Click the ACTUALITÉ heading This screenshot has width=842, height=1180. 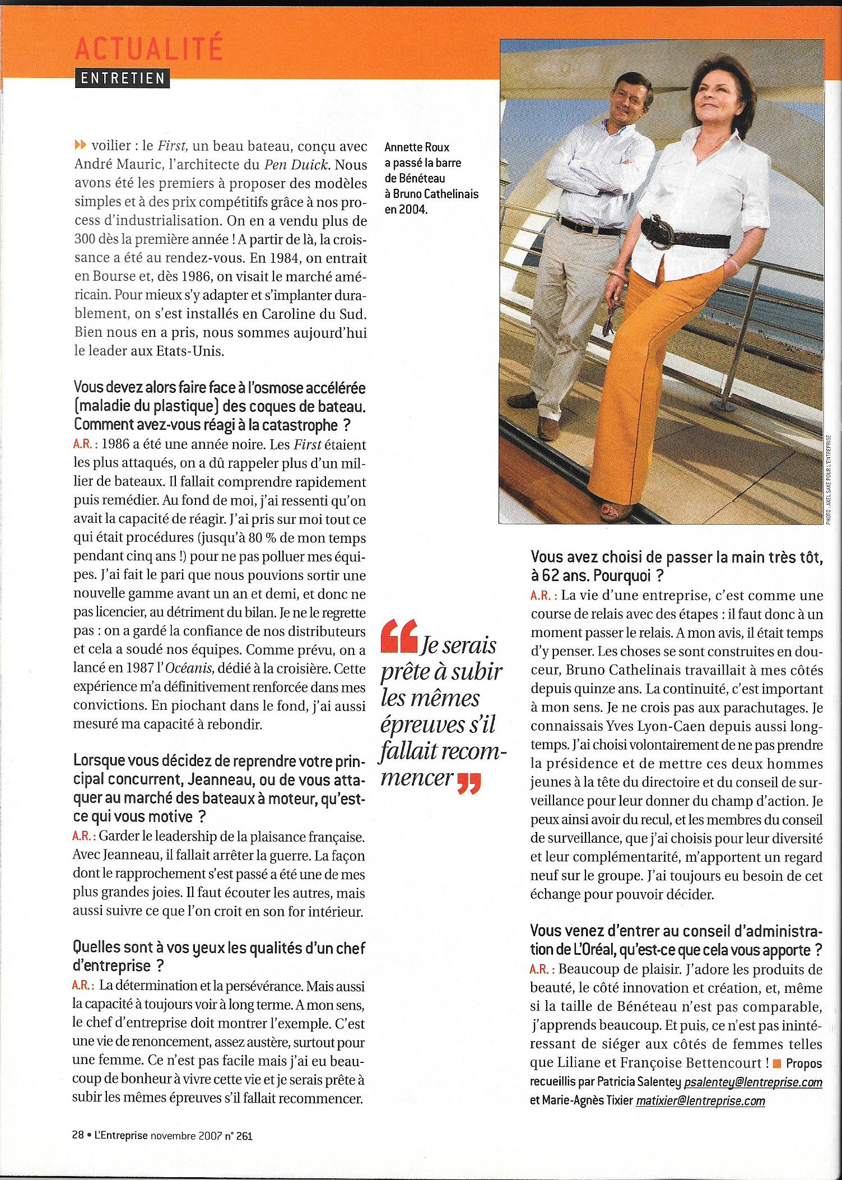148,49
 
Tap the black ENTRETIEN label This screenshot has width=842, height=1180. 122,78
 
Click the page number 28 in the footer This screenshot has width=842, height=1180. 77,1135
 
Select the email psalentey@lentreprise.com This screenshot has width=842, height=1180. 753,1082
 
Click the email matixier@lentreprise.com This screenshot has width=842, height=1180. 700,1100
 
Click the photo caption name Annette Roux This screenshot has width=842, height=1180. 417,147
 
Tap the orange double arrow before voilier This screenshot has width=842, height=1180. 81,146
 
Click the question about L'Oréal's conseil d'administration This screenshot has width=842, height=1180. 676,940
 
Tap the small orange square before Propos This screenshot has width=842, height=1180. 776,1063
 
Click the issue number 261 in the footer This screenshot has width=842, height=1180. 244,1136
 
